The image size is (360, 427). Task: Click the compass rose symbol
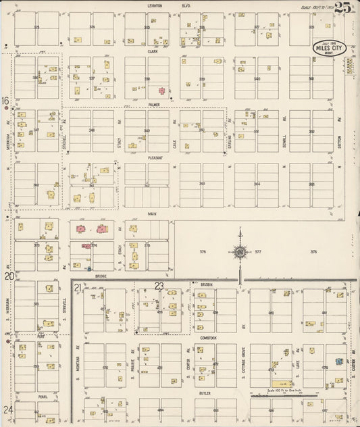pos(239,252)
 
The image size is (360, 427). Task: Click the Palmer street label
pos(154,105)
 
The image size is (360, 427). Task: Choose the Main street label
pos(153,213)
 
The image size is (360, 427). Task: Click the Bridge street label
pos(101,276)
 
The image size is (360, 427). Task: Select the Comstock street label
pos(208,337)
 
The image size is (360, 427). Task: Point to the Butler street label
pos(205,392)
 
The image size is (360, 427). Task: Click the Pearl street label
pos(43,397)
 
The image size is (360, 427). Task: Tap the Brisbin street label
pos(207,284)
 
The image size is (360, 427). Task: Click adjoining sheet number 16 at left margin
pos(5,101)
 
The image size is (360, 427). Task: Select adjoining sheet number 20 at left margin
pos(8,276)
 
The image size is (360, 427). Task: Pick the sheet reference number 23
pos(159,286)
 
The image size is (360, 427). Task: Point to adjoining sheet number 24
pos(7,409)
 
